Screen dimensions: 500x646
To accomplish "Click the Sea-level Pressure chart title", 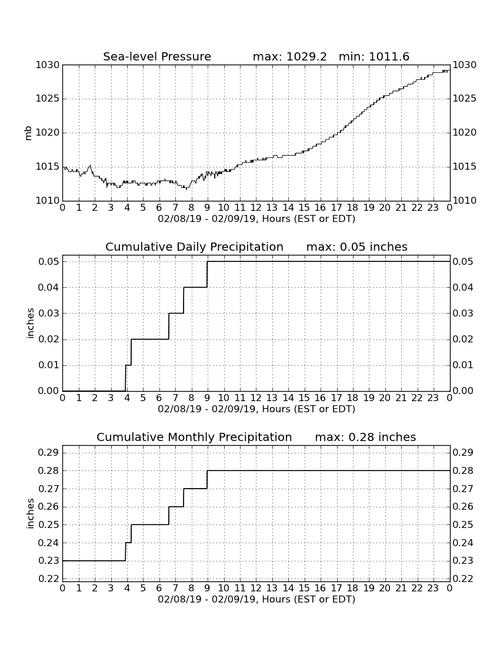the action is [157, 56].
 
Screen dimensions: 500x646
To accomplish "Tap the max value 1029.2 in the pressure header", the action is [306, 56].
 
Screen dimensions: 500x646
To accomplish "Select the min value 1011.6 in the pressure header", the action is [389, 56].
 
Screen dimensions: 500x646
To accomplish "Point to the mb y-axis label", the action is [28, 133].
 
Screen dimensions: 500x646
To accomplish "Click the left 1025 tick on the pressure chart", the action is [48, 99].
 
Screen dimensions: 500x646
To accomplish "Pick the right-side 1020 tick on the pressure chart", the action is [465, 133].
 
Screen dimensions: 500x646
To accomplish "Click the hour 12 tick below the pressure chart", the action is [256, 208].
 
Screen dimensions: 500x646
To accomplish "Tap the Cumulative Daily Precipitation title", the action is [194, 247].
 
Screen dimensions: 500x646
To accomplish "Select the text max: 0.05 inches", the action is [357, 247].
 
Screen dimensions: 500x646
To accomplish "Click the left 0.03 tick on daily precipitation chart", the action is [49, 314].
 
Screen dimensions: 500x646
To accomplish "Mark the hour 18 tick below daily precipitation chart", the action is [352, 398].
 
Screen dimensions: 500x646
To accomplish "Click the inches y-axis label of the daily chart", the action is [29, 324].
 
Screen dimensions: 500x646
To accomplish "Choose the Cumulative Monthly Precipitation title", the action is [194, 437].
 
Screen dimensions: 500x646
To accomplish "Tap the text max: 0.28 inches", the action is [365, 437].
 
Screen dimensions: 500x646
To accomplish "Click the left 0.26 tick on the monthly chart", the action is [49, 507].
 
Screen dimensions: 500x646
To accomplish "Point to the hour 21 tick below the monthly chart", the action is [401, 588].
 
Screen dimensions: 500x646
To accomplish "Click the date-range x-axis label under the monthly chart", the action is [256, 600].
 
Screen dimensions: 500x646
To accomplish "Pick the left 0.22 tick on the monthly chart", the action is [49, 579].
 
